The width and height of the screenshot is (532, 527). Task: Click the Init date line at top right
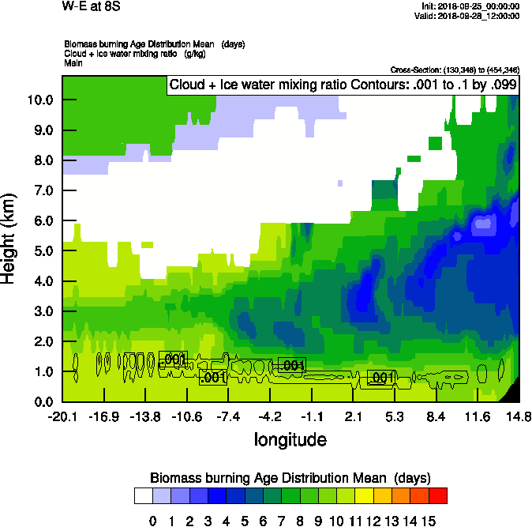click(470, 6)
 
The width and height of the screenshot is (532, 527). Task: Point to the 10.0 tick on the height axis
click(39, 100)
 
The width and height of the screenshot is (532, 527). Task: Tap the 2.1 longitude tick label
click(354, 416)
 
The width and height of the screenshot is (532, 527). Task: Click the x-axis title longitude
click(290, 439)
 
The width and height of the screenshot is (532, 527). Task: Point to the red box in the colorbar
click(438, 496)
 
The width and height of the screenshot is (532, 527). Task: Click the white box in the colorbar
click(143, 496)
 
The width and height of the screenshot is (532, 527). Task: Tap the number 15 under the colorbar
click(429, 521)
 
